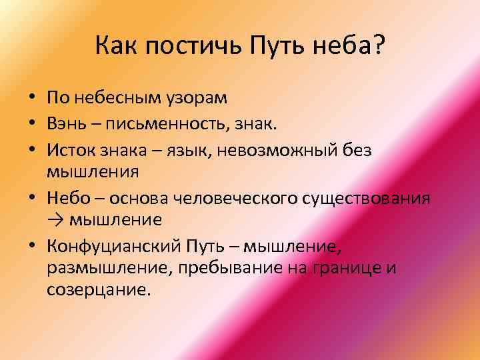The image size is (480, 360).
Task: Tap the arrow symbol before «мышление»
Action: coord(54,220)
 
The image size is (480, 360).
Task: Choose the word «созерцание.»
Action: coord(99,291)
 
